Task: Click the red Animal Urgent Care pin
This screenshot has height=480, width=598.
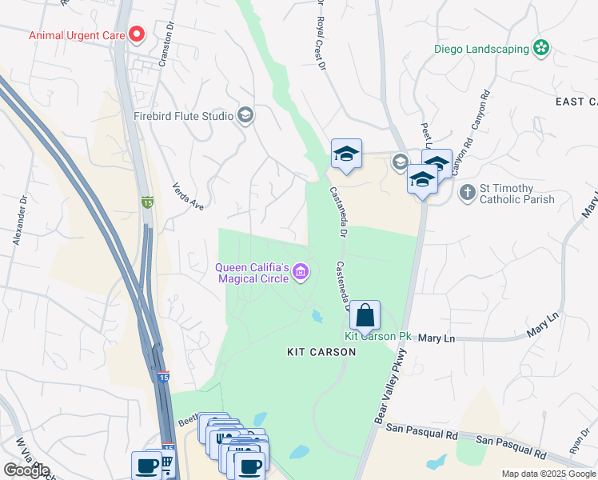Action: point(136,34)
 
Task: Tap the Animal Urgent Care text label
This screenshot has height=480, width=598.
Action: point(77,35)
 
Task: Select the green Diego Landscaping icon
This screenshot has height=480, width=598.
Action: point(542,48)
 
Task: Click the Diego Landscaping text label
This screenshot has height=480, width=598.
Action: point(481,49)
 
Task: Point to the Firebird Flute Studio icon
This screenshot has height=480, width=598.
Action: point(246,116)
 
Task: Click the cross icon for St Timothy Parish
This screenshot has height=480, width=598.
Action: point(468,192)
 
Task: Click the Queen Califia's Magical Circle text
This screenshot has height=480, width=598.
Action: point(252,273)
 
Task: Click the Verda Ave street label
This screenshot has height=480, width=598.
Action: point(188,196)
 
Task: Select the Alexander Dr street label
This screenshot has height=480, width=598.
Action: point(20,220)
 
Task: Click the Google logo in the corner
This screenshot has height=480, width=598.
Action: point(26,470)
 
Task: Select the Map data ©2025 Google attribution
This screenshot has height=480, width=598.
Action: point(548,474)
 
